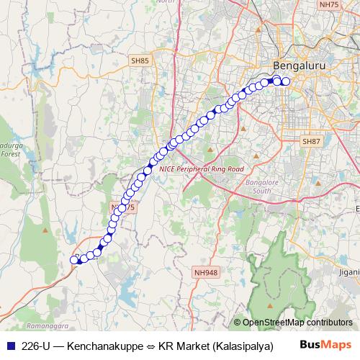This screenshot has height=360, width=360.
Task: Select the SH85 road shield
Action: coord(140,62)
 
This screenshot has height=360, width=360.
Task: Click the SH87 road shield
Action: coord(311,141)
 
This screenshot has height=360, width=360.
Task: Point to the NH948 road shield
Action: coord(206,272)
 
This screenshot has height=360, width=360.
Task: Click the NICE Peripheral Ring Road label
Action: coord(202,168)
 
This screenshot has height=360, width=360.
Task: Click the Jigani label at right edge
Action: coord(350,273)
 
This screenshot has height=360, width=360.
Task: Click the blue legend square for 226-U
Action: coord(9,345)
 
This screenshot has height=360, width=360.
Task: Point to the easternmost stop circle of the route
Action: coord(285,81)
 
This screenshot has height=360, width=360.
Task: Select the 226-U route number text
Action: coord(36,345)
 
